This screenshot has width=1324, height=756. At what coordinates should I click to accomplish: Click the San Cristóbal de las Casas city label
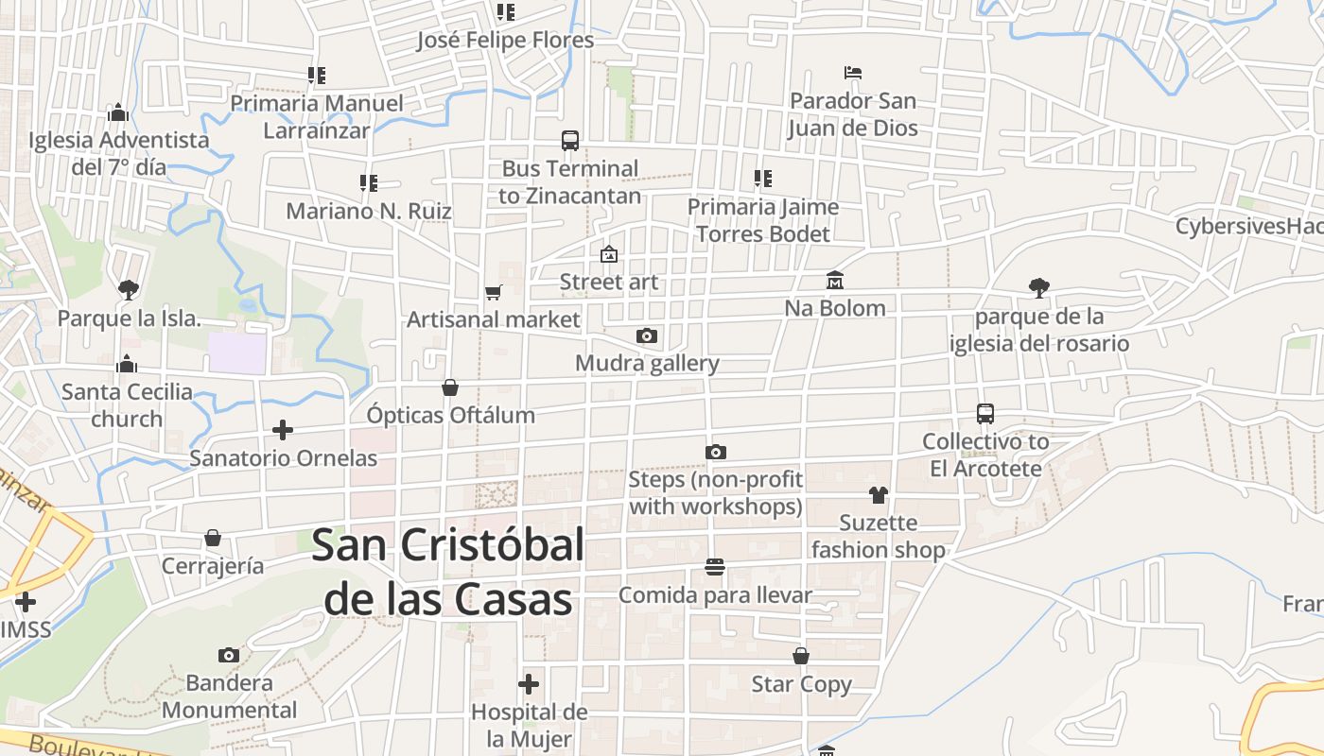pyautogui.click(x=448, y=572)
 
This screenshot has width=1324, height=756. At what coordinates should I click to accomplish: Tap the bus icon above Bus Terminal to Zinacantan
pyautogui.click(x=570, y=141)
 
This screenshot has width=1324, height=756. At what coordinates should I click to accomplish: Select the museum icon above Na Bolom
pyautogui.click(x=835, y=281)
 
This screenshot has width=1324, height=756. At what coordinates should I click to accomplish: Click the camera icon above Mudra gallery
pyautogui.click(x=647, y=336)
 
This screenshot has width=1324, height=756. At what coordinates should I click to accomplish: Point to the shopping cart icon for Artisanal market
pyautogui.click(x=493, y=293)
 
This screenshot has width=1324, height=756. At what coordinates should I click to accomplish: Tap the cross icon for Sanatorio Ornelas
pyautogui.click(x=282, y=431)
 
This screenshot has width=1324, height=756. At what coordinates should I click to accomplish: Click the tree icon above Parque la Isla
pyautogui.click(x=129, y=290)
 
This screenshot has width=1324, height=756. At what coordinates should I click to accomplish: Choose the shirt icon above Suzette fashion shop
pyautogui.click(x=879, y=495)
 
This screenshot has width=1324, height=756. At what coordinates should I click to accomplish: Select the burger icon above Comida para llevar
pyautogui.click(x=715, y=567)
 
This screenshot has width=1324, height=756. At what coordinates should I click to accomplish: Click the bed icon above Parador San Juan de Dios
pyautogui.click(x=853, y=73)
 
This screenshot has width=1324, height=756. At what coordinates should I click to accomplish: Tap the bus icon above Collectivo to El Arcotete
pyautogui.click(x=985, y=414)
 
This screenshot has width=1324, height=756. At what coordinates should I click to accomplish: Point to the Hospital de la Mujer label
pyautogui.click(x=529, y=725)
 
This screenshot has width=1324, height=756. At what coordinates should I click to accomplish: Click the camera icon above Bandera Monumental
pyautogui.click(x=228, y=655)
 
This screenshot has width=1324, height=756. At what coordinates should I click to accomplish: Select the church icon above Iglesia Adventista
pyautogui.click(x=118, y=112)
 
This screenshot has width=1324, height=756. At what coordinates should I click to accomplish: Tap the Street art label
pyautogui.click(x=609, y=282)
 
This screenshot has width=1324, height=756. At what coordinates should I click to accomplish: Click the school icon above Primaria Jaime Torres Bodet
pyautogui.click(x=763, y=179)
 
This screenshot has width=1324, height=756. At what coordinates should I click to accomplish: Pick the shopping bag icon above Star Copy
pyautogui.click(x=801, y=656)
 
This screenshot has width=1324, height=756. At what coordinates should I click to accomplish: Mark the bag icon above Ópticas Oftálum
pyautogui.click(x=450, y=387)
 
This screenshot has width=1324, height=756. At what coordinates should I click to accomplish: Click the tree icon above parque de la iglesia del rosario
pyautogui.click(x=1039, y=288)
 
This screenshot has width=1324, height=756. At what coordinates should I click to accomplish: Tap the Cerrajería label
pyautogui.click(x=213, y=565)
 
